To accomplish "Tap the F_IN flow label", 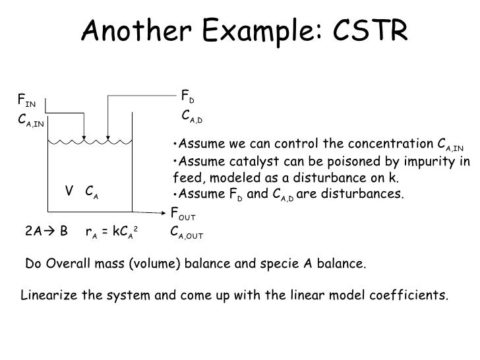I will pos(26,101).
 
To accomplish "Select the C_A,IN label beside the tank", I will pos(31,121).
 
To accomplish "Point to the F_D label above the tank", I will pos(187,99).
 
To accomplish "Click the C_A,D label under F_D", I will pos(193,117).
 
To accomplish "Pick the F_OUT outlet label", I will pos(183,215).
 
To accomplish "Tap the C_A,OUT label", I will pos(187,233).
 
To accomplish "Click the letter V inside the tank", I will pos(69,191).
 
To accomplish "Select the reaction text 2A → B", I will pos(47,232).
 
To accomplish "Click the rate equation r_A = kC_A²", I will pos(111,232).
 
